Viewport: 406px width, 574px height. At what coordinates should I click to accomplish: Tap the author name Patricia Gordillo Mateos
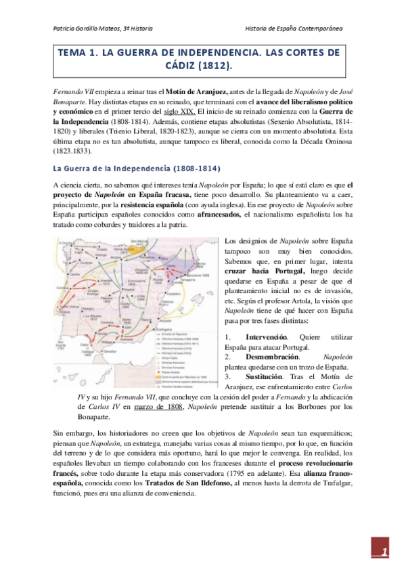[101, 30]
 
